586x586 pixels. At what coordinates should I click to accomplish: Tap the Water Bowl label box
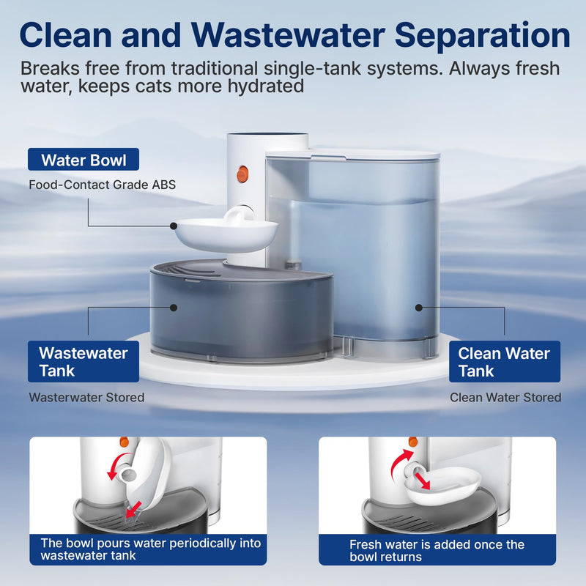(83, 160)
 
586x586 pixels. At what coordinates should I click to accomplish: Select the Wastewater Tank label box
(83, 361)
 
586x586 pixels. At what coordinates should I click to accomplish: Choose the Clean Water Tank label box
(504, 361)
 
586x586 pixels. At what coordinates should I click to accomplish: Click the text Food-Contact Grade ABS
(103, 184)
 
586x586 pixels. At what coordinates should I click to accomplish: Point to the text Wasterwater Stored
(86, 397)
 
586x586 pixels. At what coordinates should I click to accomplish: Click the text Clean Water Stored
(505, 397)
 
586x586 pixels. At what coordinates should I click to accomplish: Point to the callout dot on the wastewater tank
(174, 308)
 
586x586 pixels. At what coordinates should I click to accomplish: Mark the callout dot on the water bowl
(174, 226)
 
